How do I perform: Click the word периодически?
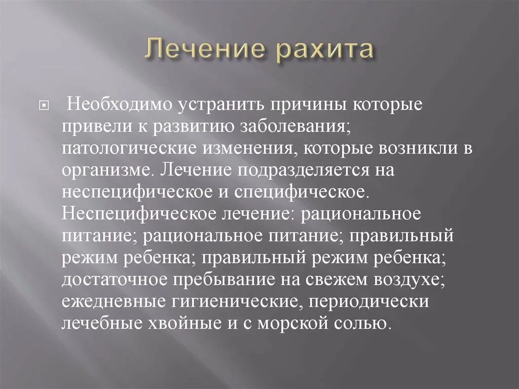pyautogui.click(x=375, y=301)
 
